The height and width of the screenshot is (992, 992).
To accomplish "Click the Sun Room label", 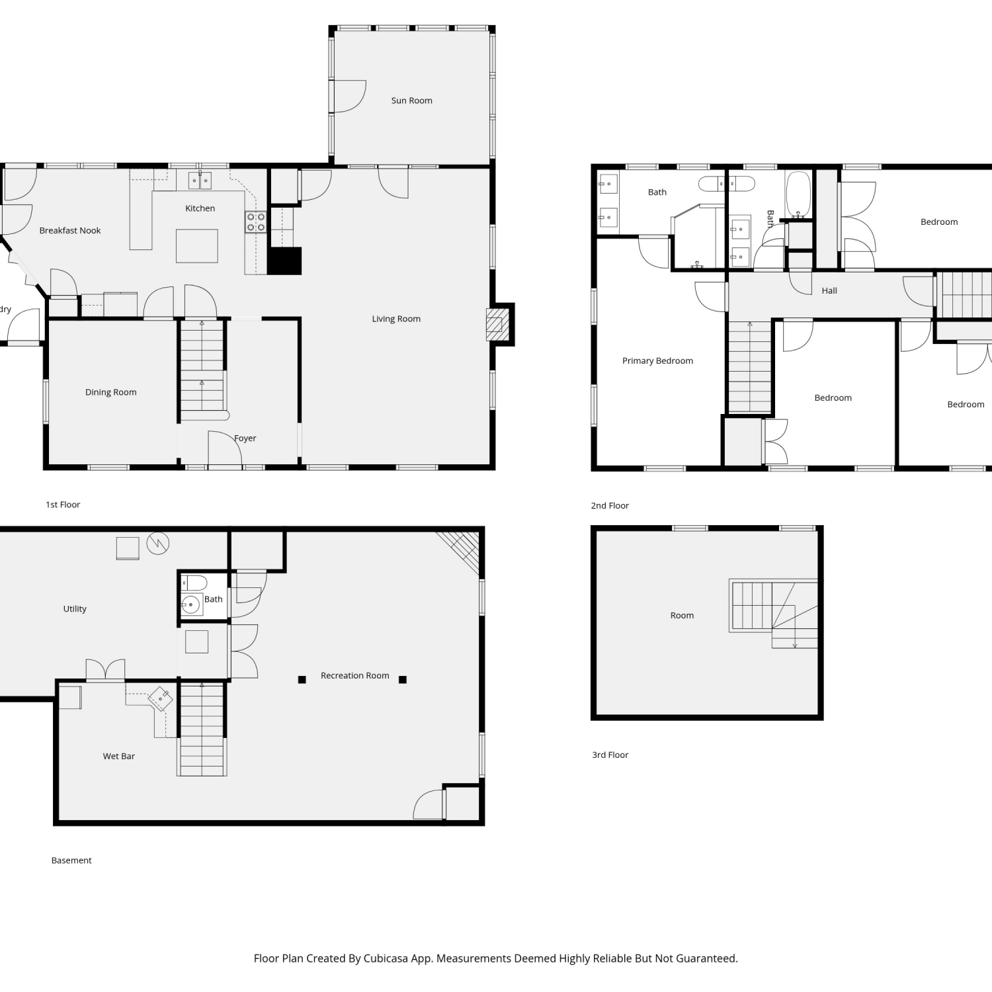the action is (x=411, y=101).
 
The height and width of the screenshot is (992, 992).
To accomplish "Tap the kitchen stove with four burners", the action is (x=256, y=222).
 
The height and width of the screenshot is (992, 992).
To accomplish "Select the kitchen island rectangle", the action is (x=197, y=246).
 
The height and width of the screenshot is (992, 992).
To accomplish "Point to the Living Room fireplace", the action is (x=497, y=325).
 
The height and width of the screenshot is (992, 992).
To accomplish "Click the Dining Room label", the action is (x=110, y=392).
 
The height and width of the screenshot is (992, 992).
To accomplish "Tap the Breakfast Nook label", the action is (x=70, y=230).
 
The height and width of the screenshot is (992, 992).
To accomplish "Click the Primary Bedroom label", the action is (x=657, y=360).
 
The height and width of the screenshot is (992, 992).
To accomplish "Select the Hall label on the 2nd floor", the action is (x=829, y=290).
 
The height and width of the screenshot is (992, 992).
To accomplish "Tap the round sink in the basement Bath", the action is (x=191, y=604).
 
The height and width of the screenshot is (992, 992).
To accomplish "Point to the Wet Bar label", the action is (x=119, y=756).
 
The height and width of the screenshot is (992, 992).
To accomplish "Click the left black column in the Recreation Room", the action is (x=302, y=679).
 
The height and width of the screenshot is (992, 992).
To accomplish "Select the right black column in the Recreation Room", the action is (x=403, y=679).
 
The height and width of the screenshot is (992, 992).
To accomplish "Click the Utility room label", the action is (x=75, y=608).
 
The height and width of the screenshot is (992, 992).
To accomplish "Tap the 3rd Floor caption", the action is (x=610, y=755).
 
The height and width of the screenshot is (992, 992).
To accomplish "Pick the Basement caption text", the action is (x=71, y=860).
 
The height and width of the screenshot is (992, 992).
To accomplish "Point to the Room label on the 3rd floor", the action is (x=682, y=615).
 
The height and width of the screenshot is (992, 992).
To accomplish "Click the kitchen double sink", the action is (x=200, y=180).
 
